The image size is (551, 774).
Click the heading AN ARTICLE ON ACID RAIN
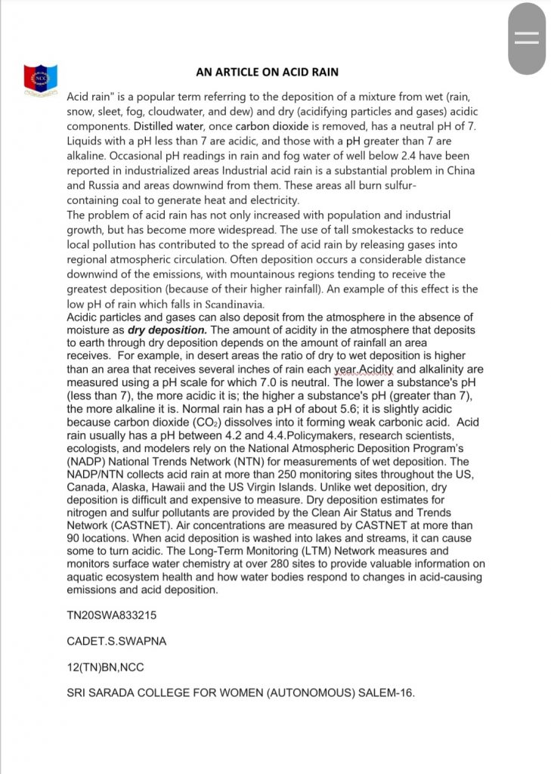[x=267, y=72]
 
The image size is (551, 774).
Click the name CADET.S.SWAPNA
[x=116, y=642]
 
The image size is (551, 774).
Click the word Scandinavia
[x=231, y=304]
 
